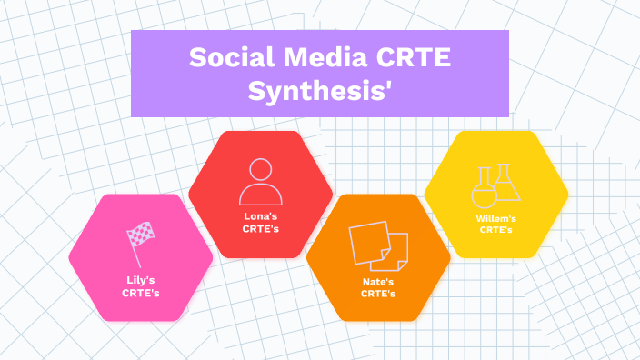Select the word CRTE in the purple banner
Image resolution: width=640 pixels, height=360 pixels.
pos(411,59)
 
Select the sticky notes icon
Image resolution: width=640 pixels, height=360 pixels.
pos(378,245)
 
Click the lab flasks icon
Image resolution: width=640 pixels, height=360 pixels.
pos(496,185)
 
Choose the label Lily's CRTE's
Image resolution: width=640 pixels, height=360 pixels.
pos(141,286)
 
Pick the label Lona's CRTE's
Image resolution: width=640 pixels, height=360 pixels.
pos(260,223)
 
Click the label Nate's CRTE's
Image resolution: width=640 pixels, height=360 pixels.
pos(378,287)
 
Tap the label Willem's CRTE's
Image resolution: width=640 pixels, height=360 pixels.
pos(496,224)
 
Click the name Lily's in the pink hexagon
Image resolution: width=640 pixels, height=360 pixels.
pos(141,280)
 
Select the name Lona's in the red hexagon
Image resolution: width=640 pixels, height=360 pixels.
pos(260,216)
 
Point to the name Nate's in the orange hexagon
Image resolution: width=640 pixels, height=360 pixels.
pos(378,281)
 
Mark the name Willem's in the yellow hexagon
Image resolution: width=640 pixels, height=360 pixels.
pos(496,218)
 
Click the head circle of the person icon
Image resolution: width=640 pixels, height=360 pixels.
pos(260,169)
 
